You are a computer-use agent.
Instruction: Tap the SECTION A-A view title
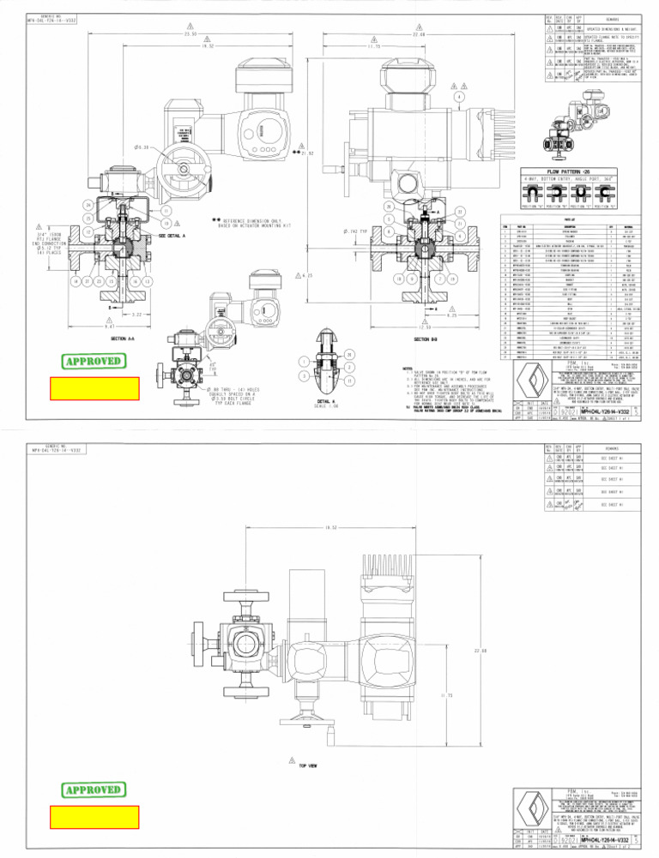(118, 339)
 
